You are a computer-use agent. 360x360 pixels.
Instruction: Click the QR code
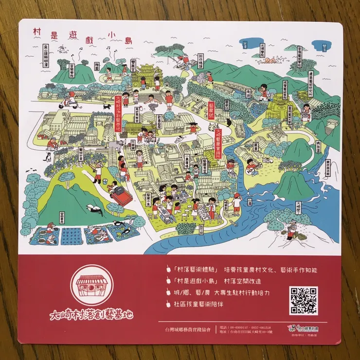pyautogui.click(x=303, y=300)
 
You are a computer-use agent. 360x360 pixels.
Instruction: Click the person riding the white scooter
pyautogui.click(x=72, y=99)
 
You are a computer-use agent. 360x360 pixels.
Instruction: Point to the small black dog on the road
pyautogui.click(x=107, y=106)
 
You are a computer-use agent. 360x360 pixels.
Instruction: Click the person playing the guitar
pyautogui.click(x=251, y=167)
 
